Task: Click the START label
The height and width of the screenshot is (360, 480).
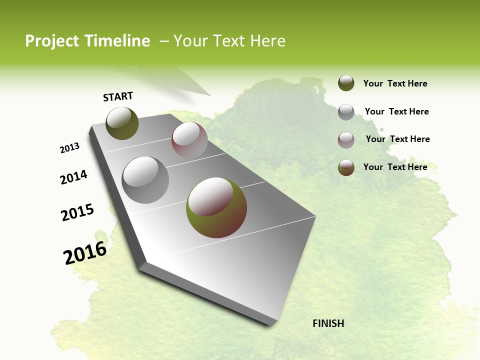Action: (x=118, y=96)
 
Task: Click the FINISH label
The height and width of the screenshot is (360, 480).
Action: (x=328, y=323)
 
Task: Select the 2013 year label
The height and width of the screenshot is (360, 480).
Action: (x=69, y=148)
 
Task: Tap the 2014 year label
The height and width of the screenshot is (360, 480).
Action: (x=73, y=177)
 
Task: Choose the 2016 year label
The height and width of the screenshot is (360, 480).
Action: (x=85, y=253)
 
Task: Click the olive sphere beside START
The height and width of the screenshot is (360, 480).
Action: (x=122, y=123)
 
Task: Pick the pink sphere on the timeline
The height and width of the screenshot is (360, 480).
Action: (x=189, y=140)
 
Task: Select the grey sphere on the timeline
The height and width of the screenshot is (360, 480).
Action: (x=145, y=179)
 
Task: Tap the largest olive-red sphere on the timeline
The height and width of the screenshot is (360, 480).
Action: (x=216, y=207)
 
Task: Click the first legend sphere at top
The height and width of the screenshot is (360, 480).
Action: (x=346, y=83)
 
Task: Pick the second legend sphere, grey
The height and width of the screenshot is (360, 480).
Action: (x=346, y=112)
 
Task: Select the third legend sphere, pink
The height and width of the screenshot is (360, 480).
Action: (x=346, y=140)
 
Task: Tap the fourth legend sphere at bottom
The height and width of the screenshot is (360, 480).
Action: (x=346, y=167)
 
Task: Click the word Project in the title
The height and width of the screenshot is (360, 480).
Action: (x=51, y=41)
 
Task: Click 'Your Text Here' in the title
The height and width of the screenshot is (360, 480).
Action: (x=229, y=41)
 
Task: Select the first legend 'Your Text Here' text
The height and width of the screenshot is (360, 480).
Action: (x=395, y=83)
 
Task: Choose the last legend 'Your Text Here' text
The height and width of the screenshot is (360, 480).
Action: (x=395, y=167)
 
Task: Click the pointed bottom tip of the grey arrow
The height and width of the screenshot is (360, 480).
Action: (x=270, y=325)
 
